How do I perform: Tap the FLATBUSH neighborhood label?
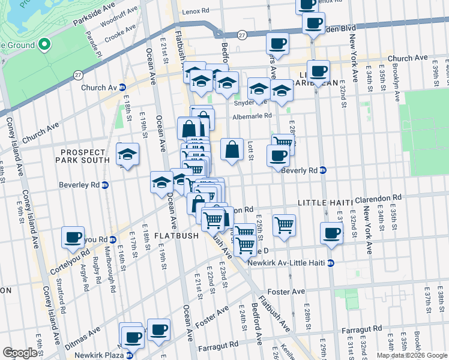coord(176,236)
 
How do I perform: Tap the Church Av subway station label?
coord(98,87)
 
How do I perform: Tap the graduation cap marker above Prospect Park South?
coord(127,155)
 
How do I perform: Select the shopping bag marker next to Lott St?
coord(232,149)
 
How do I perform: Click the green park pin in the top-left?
coord(44,44)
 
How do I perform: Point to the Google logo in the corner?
coord(20,353)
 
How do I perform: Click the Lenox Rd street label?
coord(196,11)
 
